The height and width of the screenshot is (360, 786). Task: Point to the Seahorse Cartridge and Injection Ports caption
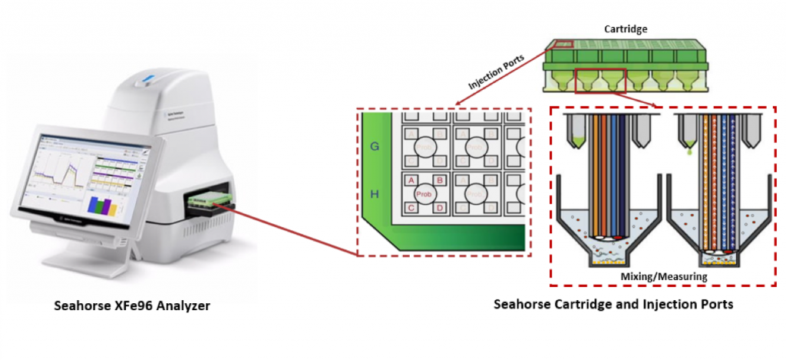coord(614,304)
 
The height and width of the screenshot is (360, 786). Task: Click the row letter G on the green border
coord(375,145)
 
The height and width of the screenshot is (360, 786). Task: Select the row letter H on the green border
coord(375,195)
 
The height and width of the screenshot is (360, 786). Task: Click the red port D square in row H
coord(440,207)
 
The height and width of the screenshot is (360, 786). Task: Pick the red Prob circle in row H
coord(425,194)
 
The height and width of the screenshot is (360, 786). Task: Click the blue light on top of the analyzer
coord(148,78)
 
